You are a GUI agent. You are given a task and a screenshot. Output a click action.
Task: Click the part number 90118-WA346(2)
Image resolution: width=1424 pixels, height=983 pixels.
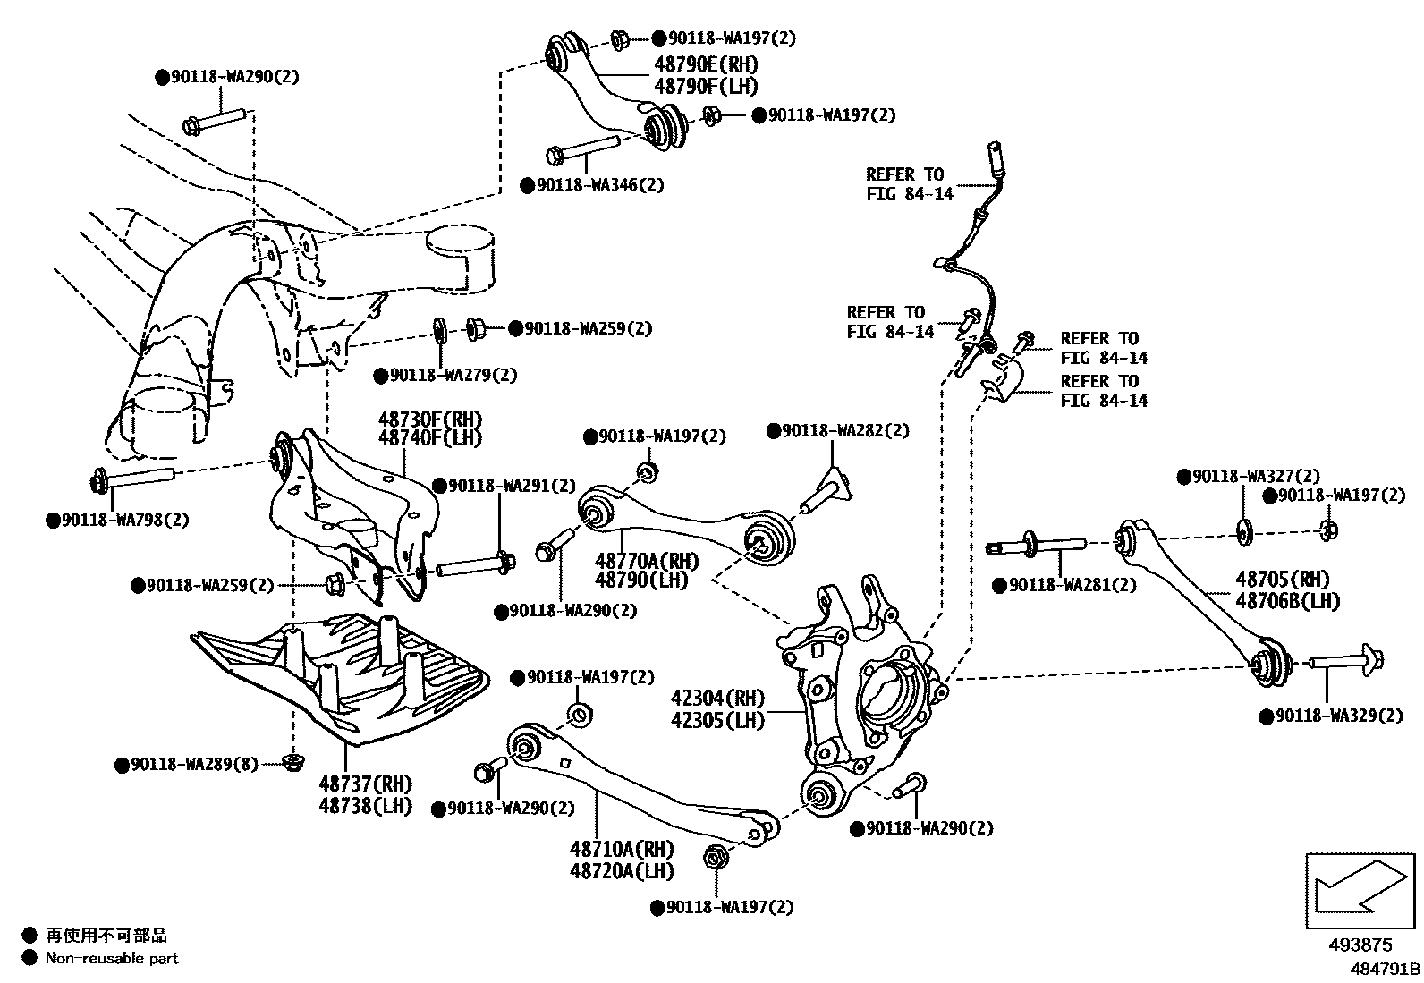pyautogui.click(x=600, y=186)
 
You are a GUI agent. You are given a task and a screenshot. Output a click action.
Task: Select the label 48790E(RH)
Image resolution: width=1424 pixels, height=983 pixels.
pyautogui.click(x=705, y=64)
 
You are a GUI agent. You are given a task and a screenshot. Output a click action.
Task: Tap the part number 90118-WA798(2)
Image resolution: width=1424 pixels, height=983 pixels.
pyautogui.click(x=124, y=520)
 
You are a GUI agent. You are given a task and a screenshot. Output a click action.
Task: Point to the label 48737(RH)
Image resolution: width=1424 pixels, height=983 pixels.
pyautogui.click(x=366, y=784)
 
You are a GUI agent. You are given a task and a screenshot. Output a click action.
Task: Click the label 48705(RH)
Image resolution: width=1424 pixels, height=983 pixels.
pyautogui.click(x=1283, y=579)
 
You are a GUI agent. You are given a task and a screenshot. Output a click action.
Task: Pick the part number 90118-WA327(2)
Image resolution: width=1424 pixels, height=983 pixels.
pyautogui.click(x=1255, y=477)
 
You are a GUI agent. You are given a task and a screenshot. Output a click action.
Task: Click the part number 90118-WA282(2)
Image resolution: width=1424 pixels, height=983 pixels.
pyautogui.click(x=844, y=431)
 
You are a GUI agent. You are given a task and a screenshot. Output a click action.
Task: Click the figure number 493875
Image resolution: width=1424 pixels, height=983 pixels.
pyautogui.click(x=1361, y=945)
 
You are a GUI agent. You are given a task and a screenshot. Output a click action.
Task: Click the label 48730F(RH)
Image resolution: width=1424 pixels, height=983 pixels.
pyautogui.click(x=429, y=419)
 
